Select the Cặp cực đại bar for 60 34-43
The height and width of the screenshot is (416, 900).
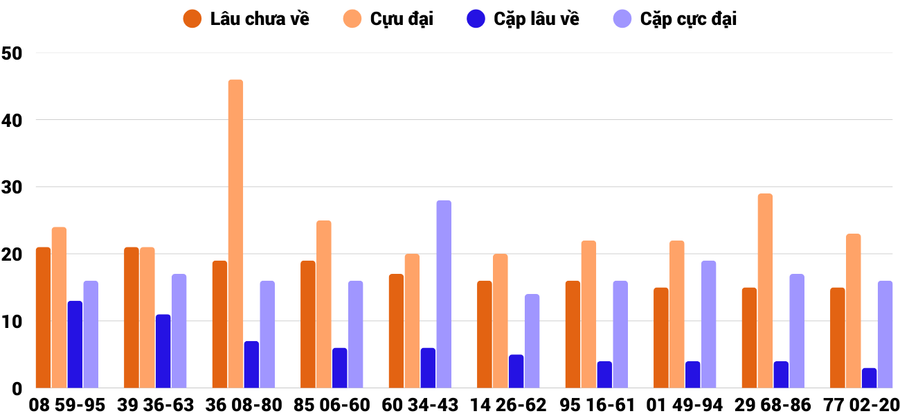[444, 294]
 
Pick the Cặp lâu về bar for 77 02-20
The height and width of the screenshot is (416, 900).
[869, 378]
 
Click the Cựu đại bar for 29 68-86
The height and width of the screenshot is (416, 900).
[765, 291]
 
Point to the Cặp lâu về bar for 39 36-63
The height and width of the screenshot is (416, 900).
[163, 351]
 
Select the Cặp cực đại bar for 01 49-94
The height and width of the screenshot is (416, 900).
[708, 324]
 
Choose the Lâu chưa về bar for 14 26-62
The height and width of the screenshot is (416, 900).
[485, 334]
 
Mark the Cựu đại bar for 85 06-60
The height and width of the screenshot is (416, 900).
[324, 304]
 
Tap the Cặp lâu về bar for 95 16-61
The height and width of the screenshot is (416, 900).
[604, 374]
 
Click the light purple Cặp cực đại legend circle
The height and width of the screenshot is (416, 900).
[623, 19]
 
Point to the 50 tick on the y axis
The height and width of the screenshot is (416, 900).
[12, 53]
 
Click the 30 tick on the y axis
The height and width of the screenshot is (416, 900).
[12, 187]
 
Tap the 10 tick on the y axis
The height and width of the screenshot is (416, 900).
[12, 322]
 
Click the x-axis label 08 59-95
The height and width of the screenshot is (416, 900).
[67, 405]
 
